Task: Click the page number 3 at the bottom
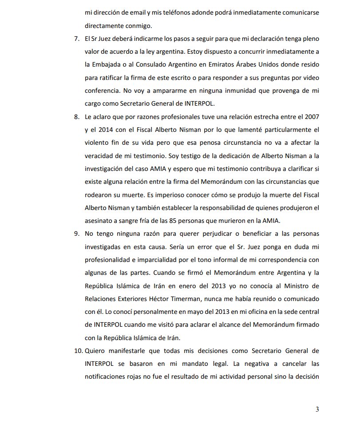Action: [x=317, y=409]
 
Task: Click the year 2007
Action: [x=310, y=117]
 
